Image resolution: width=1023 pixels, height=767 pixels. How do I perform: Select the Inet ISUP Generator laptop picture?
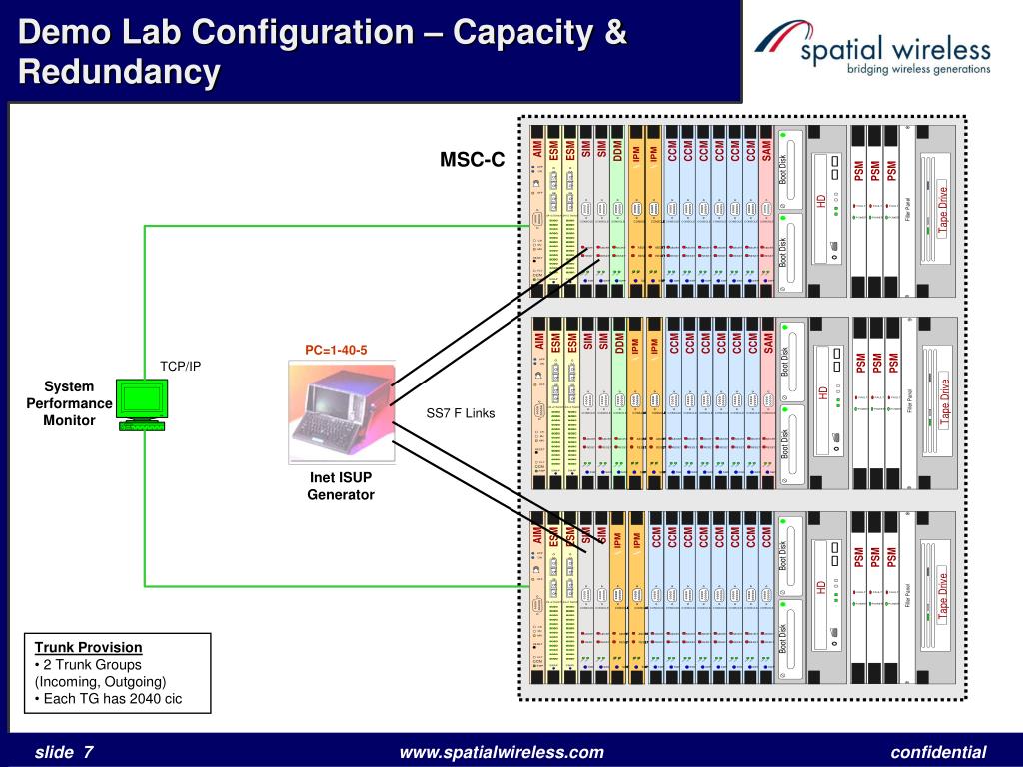pyautogui.click(x=341, y=411)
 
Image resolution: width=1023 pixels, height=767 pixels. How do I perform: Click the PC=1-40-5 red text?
pyautogui.click(x=337, y=350)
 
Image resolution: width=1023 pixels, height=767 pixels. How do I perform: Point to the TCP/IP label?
pyautogui.click(x=181, y=366)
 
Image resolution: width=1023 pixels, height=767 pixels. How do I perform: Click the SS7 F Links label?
pyautogui.click(x=461, y=413)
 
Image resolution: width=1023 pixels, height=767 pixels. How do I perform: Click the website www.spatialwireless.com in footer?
pyautogui.click(x=502, y=752)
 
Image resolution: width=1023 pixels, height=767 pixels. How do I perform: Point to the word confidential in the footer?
pyautogui.click(x=938, y=752)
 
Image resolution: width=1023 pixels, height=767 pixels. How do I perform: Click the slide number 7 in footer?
pyautogui.click(x=88, y=752)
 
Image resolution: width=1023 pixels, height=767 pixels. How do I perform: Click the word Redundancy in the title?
pyautogui.click(x=119, y=71)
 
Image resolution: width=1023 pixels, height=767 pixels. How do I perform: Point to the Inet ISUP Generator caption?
pyautogui.click(x=341, y=486)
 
